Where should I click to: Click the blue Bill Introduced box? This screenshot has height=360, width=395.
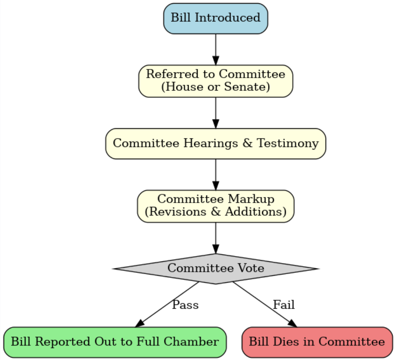coord(215,18)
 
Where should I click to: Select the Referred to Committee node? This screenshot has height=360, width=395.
coord(215,81)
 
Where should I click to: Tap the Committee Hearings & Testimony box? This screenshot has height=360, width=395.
coord(215,143)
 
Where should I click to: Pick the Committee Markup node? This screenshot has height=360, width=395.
coord(215,206)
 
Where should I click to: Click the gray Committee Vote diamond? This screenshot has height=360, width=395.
coord(215,268)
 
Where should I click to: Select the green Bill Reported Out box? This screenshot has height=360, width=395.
coord(115,342)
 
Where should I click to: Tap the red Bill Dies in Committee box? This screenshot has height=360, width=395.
coord(317,342)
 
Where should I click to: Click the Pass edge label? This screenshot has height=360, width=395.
coord(185,305)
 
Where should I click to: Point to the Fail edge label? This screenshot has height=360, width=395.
coord(284,305)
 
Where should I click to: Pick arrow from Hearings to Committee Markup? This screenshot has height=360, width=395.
coord(215,174)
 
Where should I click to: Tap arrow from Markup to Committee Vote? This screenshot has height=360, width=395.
coord(215,237)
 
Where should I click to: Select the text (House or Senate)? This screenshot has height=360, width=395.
coord(215,87)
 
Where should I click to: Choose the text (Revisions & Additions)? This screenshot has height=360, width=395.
coord(215,212)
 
